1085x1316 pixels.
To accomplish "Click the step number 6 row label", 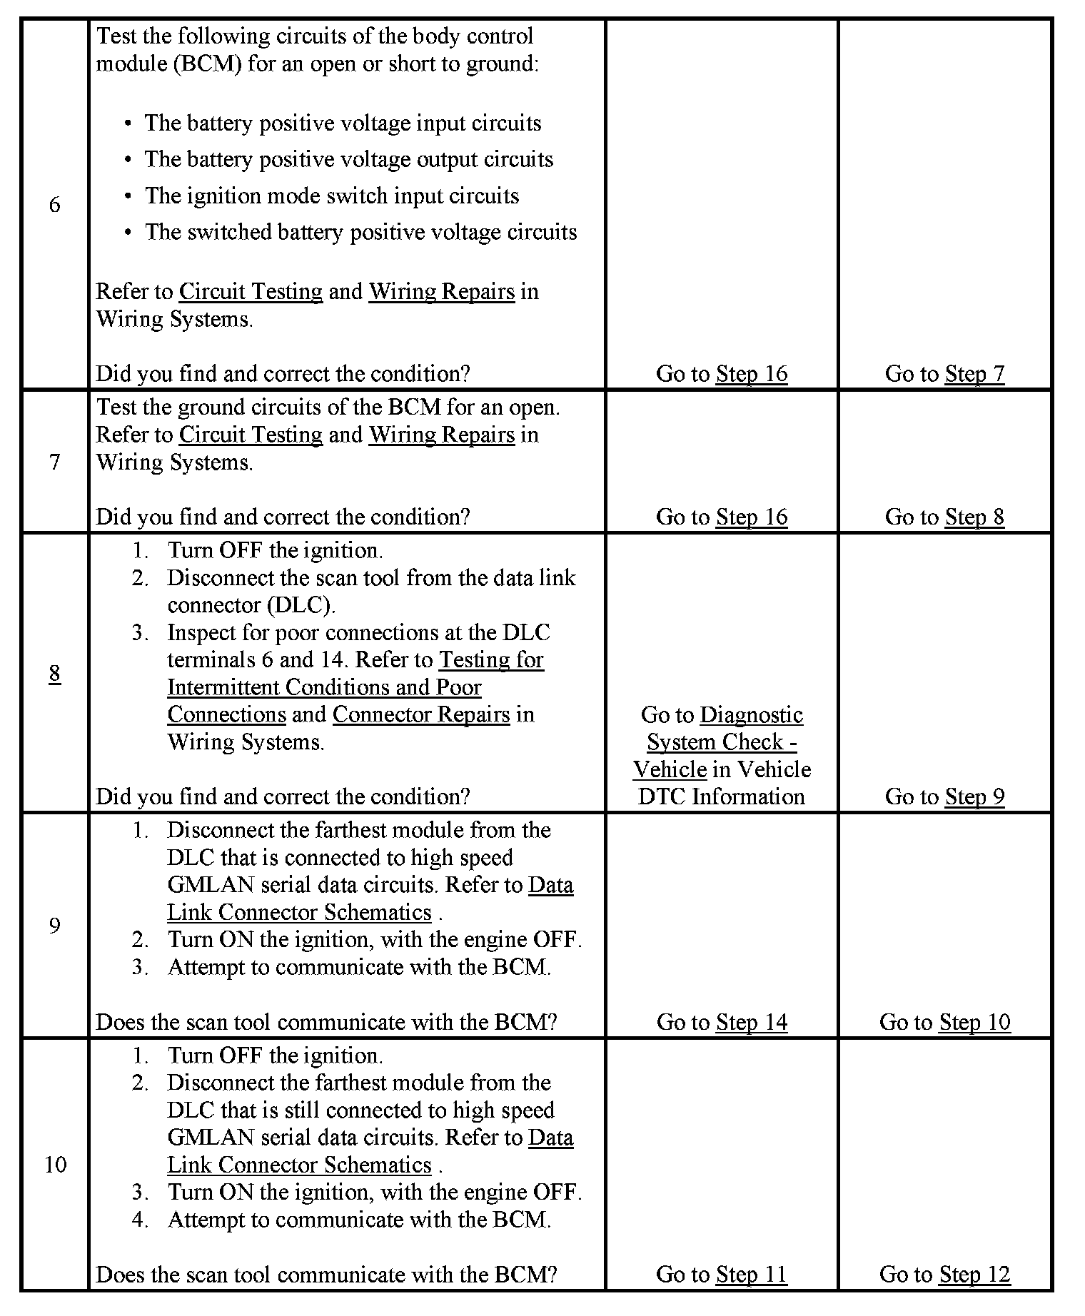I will click(55, 205).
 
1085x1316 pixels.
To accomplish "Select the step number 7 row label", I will click(55, 462).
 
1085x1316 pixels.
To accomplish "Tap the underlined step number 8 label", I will click(55, 673).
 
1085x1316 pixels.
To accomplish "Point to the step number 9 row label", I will click(55, 926).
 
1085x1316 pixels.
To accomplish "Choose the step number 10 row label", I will click(55, 1165).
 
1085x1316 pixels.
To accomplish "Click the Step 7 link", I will click(974, 373).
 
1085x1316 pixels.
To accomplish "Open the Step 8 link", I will click(974, 517).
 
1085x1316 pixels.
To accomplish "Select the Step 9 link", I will click(974, 796).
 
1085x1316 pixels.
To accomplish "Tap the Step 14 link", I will click(751, 1022).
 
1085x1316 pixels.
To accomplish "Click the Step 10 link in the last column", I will click(974, 1022).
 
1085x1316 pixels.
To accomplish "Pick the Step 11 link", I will click(751, 1274).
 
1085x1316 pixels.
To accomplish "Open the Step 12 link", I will click(974, 1274).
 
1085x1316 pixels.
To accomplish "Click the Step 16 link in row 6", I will click(751, 373).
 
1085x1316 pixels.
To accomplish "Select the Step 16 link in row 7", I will click(751, 517).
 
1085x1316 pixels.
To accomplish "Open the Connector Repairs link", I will click(421, 714).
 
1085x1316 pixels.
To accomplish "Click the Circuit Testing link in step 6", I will click(251, 291).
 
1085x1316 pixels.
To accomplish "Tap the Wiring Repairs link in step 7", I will click(441, 435).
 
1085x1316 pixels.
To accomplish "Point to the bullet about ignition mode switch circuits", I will click(332, 196).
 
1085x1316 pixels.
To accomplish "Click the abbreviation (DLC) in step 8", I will click(301, 605).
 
